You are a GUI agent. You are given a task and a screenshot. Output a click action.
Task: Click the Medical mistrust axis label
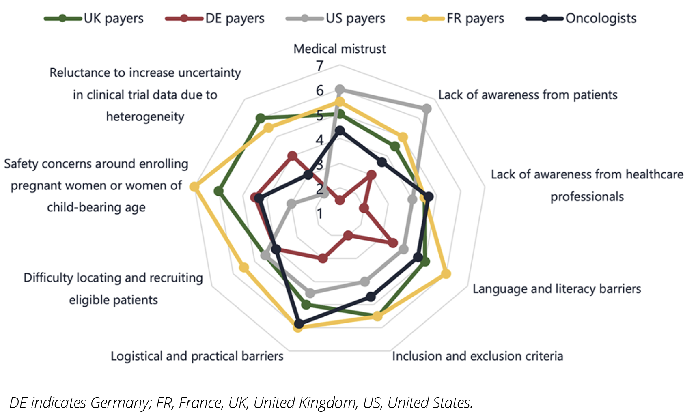pyautogui.click(x=340, y=49)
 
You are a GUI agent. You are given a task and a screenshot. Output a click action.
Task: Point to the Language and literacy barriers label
pyautogui.click(x=557, y=289)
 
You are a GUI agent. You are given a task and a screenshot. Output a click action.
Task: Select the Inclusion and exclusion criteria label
pyautogui.click(x=478, y=356)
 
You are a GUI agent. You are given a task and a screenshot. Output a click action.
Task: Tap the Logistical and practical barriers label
pyautogui.click(x=197, y=356)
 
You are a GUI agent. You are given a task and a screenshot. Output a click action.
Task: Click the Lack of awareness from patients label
pyautogui.click(x=528, y=95)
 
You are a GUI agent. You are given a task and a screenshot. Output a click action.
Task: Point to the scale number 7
pyautogui.click(x=320, y=66)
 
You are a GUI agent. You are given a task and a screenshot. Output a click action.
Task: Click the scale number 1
pyautogui.click(x=320, y=213)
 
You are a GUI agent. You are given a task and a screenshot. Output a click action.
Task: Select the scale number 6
pyautogui.click(x=320, y=90)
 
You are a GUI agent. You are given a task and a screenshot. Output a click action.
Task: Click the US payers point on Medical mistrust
pyautogui.click(x=340, y=89)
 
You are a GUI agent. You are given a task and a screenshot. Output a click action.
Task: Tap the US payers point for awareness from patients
pyautogui.click(x=427, y=109)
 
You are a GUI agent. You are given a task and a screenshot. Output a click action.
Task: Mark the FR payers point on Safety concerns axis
pyautogui.click(x=194, y=187)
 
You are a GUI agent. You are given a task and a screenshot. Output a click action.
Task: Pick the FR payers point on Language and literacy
pyautogui.click(x=446, y=274)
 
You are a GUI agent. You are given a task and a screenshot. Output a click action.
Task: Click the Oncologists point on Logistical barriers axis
pyautogui.click(x=299, y=324)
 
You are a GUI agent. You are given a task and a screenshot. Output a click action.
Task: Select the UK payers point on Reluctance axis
pyautogui.click(x=261, y=118)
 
